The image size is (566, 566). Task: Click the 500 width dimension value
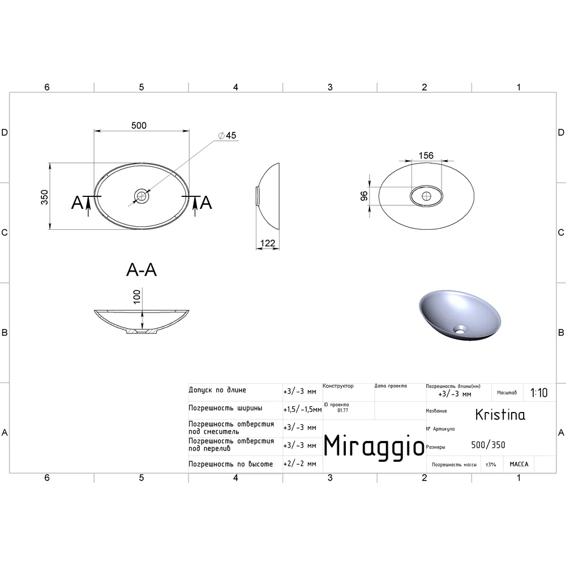[139, 125]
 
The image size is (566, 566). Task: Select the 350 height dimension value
[44, 197]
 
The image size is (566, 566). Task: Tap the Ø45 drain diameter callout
[227, 135]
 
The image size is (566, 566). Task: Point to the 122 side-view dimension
[268, 243]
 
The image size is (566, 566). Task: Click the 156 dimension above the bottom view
[426, 156]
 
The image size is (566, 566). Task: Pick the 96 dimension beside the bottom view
[364, 196]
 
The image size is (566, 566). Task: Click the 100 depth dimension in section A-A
[137, 297]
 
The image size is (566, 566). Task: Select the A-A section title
[141, 269]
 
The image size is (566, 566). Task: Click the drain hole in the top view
[141, 196]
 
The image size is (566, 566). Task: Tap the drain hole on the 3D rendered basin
[460, 329]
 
